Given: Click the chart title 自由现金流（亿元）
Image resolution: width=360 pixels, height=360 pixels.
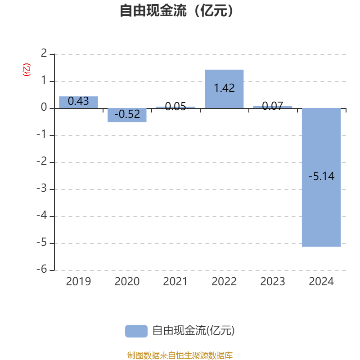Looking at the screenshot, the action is tap(176, 10).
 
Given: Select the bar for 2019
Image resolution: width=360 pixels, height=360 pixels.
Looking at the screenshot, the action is tap(78, 102).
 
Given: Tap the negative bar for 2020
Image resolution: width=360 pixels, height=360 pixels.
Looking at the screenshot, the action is tap(127, 115).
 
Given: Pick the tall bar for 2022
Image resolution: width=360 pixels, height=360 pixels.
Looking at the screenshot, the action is tap(224, 89).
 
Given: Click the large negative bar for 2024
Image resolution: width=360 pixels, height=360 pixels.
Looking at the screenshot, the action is tap(321, 177).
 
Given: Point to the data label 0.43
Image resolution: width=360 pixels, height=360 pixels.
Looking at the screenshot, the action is tap(78, 101).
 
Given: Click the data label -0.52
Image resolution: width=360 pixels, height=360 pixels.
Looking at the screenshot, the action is tap(127, 114).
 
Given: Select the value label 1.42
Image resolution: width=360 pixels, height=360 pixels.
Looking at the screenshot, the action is tap(224, 88).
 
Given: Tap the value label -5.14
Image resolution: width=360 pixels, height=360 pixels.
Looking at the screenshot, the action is tap(321, 176).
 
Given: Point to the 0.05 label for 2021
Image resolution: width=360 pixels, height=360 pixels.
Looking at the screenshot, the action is tap(175, 107).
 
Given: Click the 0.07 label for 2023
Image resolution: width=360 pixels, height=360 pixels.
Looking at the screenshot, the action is tap(273, 106).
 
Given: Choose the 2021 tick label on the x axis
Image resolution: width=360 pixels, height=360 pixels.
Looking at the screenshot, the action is tap(175, 282).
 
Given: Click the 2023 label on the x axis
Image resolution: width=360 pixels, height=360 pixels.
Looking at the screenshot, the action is tap(273, 282).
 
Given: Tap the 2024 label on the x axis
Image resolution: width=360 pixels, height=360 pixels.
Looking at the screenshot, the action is tap(321, 282).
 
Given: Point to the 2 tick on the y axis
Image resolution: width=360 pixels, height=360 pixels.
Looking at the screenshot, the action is tap(44, 53).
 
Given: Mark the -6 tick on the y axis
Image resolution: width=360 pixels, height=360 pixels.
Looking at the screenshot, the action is tap(42, 269).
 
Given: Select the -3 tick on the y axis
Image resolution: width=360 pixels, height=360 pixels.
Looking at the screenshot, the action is tap(42, 188).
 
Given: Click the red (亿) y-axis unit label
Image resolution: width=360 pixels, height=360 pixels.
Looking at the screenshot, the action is tap(27, 70).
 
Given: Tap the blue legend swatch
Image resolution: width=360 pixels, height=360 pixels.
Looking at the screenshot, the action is tap(136, 331).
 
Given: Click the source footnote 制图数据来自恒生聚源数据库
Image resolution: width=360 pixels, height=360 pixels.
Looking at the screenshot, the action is tap(180, 355).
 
